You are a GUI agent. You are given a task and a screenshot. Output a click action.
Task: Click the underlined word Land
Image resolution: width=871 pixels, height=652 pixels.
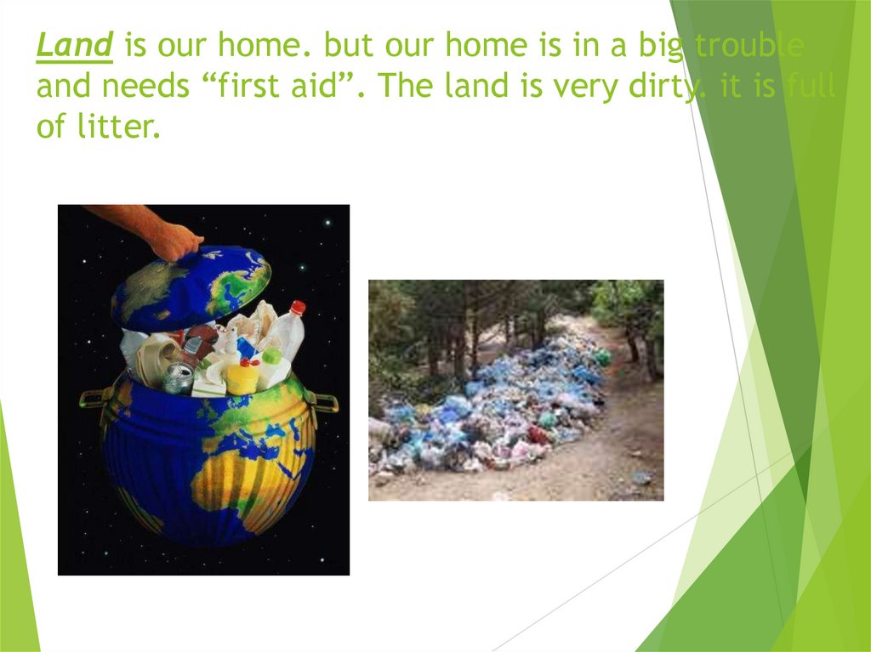click(75, 47)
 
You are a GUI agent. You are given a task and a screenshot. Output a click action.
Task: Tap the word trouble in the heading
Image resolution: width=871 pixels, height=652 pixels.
click(749, 47)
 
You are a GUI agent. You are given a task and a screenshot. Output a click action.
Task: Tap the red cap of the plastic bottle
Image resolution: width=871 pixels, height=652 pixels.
click(298, 307)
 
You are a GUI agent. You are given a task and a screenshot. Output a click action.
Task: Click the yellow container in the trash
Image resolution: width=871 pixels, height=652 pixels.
click(242, 377)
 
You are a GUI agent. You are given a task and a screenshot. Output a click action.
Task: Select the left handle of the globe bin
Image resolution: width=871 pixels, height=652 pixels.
click(93, 398)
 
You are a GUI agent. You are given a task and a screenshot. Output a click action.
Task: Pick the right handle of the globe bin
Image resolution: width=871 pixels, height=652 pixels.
click(325, 401)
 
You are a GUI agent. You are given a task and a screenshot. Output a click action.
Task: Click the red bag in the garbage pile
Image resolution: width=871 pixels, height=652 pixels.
click(538, 434)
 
